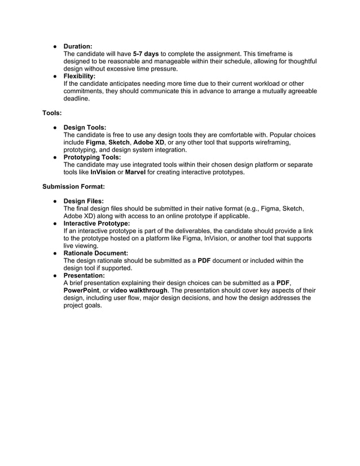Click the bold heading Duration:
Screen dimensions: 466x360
[78, 46]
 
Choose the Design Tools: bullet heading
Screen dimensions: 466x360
[85, 128]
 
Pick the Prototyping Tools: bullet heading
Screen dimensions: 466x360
[92, 157]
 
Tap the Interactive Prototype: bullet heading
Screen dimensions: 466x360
[96, 223]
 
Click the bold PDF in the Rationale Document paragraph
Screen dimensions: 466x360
[204, 261]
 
